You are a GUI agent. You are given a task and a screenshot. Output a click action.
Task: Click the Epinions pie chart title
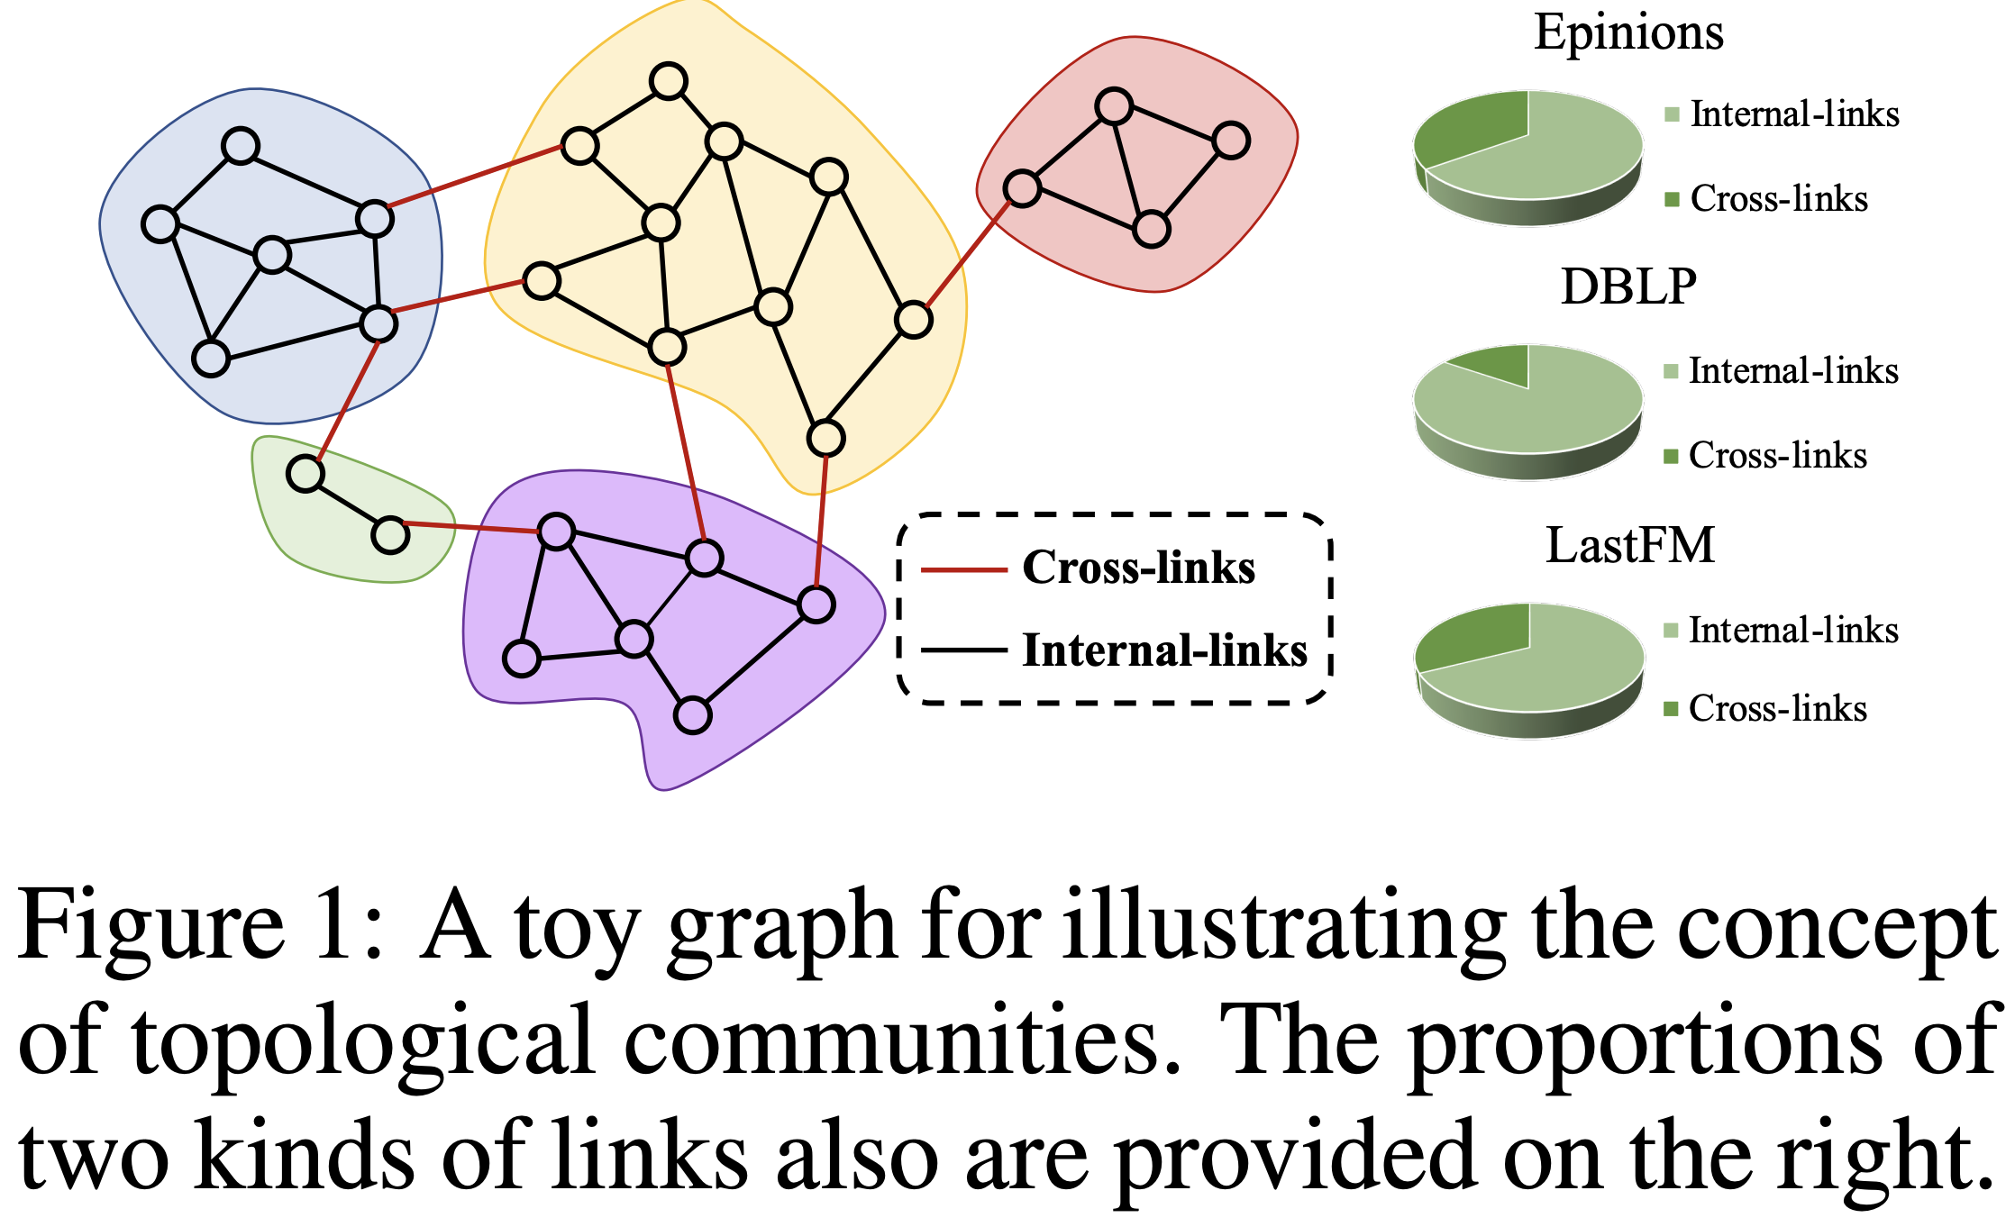point(1628,33)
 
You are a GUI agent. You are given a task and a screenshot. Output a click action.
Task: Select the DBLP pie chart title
point(1628,287)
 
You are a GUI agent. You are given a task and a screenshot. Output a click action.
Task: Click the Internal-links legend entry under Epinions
point(1793,114)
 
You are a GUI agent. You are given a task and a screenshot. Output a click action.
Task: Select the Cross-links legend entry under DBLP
point(1776,456)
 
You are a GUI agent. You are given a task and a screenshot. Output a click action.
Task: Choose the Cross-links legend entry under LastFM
point(1776,709)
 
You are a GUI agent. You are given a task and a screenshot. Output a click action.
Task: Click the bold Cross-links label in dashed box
point(1138,568)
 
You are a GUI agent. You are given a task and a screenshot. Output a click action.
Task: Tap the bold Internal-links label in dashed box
point(1164,650)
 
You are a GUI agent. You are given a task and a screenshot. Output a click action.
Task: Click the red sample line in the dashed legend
point(963,570)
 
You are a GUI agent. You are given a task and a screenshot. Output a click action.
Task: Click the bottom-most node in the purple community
point(692,715)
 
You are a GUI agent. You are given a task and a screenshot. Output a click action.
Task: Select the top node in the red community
point(1115,106)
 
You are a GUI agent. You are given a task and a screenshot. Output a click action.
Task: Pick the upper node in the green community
point(305,473)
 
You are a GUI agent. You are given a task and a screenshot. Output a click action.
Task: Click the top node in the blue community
point(241,145)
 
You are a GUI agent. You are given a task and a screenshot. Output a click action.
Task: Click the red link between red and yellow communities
point(968,255)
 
